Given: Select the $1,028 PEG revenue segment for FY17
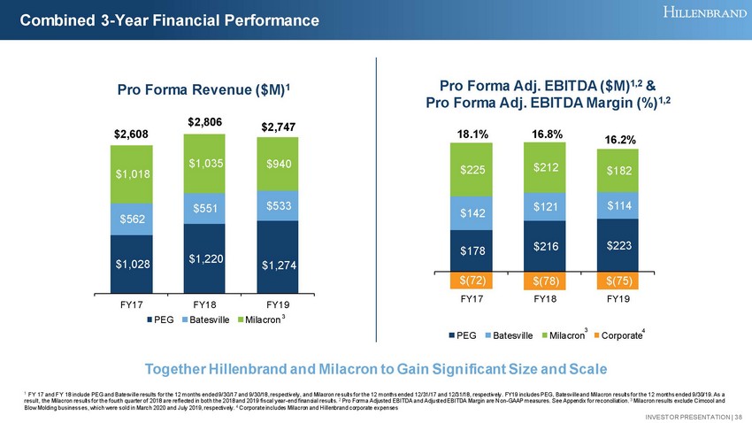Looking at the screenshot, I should pos(131,263).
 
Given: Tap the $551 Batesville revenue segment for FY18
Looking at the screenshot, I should pos(204,207).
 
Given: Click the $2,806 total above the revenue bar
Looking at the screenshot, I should pos(204,118).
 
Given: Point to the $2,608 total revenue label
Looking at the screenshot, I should pos(131,134).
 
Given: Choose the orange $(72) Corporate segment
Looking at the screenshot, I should pos(472,281).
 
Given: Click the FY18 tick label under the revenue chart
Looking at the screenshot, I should pos(204,304).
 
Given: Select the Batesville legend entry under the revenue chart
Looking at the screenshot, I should pos(204,319).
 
